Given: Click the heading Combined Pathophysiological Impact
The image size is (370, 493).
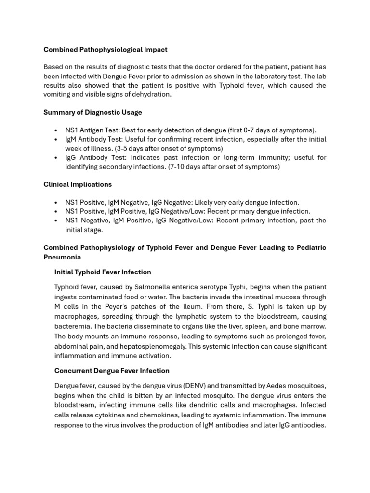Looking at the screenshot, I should click(x=106, y=50).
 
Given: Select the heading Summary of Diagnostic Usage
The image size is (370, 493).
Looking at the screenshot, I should click(x=92, y=112).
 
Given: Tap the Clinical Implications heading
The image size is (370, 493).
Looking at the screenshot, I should click(x=78, y=184).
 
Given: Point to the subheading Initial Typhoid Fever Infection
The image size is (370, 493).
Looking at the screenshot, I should click(x=103, y=272).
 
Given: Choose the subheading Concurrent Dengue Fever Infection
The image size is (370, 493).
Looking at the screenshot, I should click(x=112, y=371).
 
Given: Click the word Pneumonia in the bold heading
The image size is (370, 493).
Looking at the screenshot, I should click(x=62, y=257).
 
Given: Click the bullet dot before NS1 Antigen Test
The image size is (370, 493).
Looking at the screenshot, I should click(x=56, y=130).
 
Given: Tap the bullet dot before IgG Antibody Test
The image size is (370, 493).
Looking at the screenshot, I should click(x=56, y=158).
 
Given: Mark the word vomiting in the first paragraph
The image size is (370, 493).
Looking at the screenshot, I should click(x=58, y=94).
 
